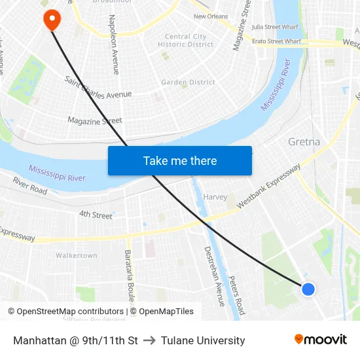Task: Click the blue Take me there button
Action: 180,160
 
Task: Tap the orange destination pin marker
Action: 51,19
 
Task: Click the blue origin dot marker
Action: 308,289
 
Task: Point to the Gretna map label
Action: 304,141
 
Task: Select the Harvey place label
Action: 215,197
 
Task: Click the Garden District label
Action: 189,82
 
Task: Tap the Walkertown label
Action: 77,255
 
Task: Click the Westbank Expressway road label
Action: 268,186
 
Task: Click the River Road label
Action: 30,185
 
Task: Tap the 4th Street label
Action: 96,215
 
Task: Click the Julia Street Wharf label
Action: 276,27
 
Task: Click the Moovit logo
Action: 321,340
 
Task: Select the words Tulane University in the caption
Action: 203,340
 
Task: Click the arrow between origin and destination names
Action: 149,340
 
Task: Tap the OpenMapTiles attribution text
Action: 166,312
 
